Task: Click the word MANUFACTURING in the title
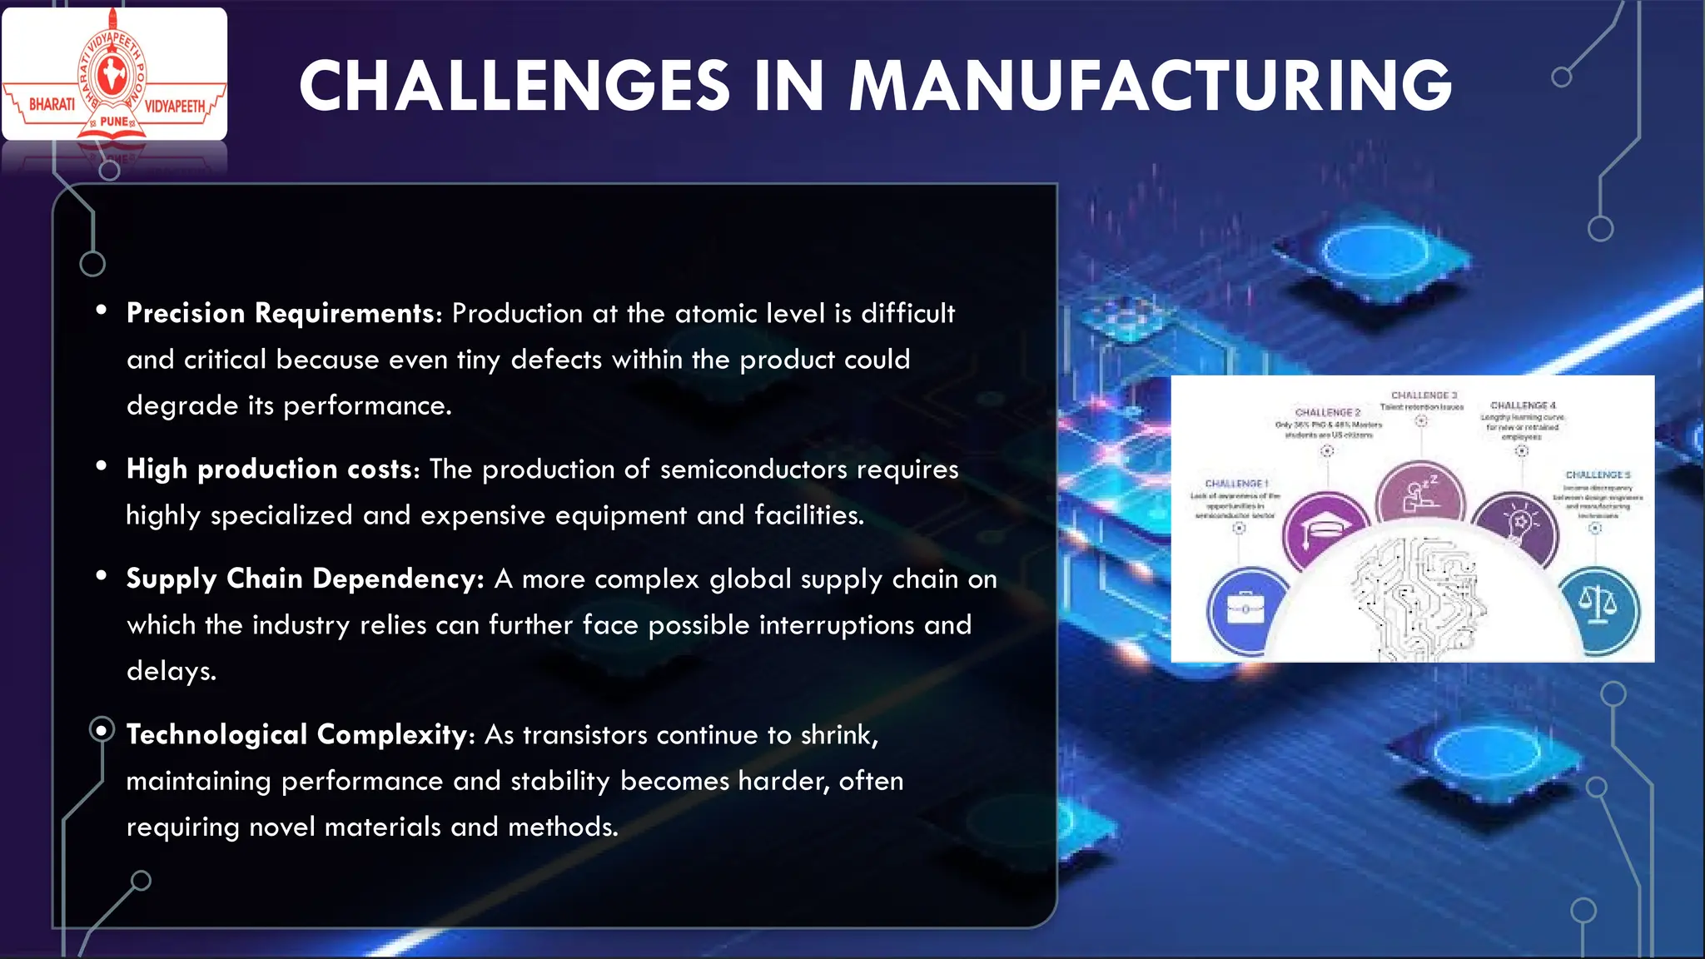click(1150, 86)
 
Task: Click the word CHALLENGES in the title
click(514, 86)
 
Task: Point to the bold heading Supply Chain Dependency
click(305, 579)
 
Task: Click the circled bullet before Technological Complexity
click(102, 731)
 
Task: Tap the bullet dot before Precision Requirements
click(102, 311)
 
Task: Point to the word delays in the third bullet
click(171, 671)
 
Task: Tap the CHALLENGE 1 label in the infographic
click(1236, 484)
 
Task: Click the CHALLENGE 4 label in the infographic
click(1523, 405)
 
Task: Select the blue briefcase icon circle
click(1245, 610)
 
